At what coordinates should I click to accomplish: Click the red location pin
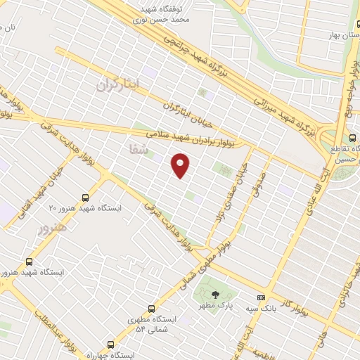[x=181, y=165]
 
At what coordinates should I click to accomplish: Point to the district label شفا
[x=140, y=148]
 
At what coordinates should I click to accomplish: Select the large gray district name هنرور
[x=53, y=227]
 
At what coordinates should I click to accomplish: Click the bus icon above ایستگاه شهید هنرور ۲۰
[x=86, y=198]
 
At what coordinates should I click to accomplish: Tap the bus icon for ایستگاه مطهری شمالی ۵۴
[x=152, y=309]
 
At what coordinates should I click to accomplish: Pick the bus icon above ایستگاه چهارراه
[x=110, y=345]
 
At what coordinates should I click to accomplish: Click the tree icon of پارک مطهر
[x=215, y=295]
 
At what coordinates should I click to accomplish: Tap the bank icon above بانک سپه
[x=262, y=297]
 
